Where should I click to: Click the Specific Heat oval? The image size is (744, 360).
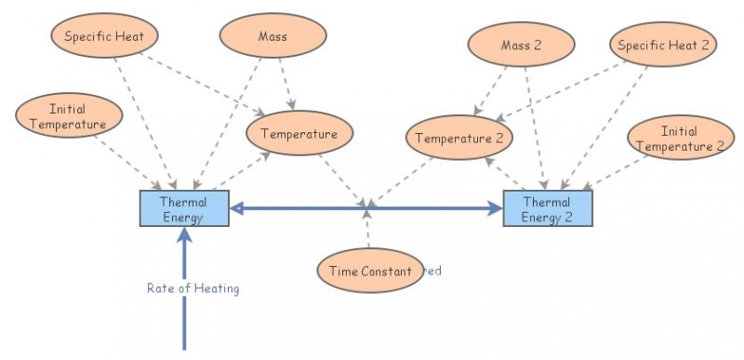tap(104, 37)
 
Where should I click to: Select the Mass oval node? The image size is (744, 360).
tap(272, 38)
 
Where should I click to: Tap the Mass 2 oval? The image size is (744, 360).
tap(521, 45)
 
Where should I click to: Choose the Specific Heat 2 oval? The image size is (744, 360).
tap(663, 45)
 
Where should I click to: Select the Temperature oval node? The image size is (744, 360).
tap(299, 134)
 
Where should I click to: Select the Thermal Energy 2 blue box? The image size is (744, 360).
tap(547, 209)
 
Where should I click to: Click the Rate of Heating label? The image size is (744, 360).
tap(193, 288)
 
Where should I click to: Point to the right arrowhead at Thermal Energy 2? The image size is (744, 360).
tap(495, 209)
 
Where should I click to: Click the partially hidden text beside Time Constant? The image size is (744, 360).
tap(432, 272)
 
